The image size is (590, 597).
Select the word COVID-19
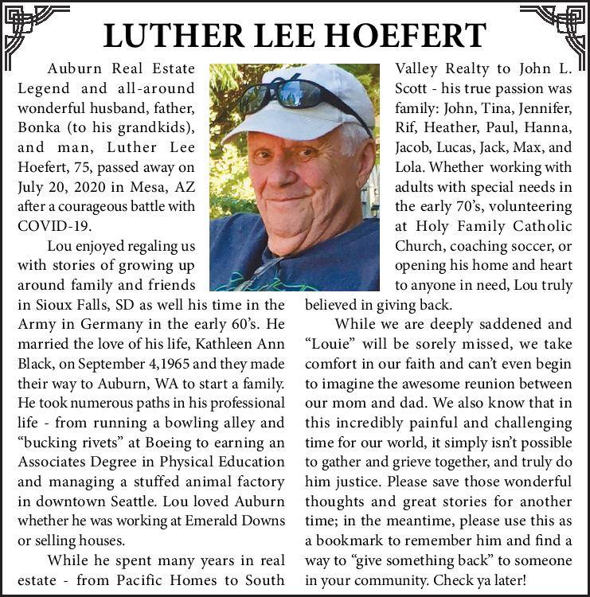[x=49, y=225]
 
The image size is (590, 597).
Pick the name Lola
[x=410, y=167]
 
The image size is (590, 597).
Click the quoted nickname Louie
[x=328, y=344]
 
